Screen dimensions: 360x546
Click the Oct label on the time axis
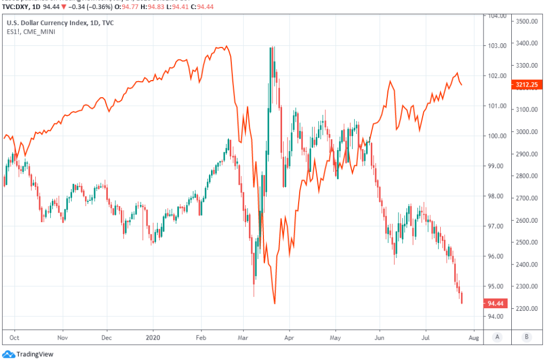click(14, 338)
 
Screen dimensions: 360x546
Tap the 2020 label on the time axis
click(153, 338)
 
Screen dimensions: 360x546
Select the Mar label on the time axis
click(243, 338)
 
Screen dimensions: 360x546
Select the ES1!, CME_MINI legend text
click(31, 32)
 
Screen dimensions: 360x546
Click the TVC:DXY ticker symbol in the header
click(18, 6)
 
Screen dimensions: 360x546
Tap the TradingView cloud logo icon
click(9, 354)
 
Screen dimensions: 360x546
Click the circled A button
click(497, 338)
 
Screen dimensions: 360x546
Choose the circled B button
click(527, 338)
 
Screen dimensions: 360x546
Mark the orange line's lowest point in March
click(275, 304)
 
